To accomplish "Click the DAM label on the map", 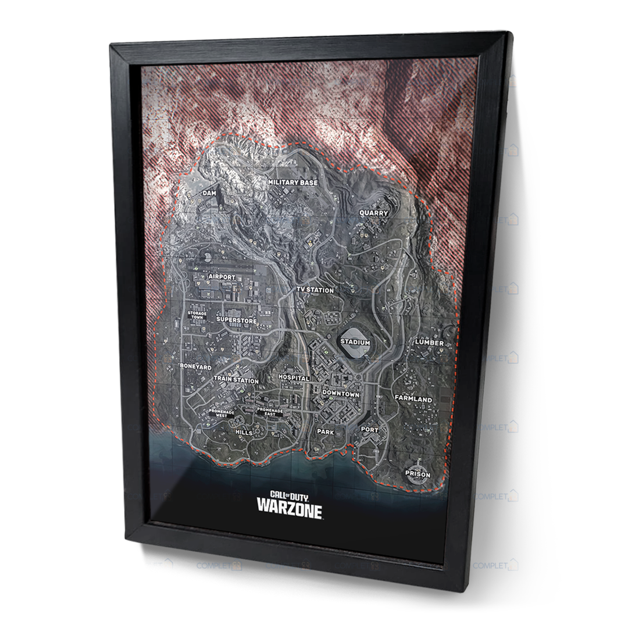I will point(209,192).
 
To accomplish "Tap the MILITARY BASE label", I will point(293,183).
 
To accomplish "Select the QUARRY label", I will point(373,213).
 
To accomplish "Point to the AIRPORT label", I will point(222,277).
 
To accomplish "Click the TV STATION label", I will point(315,290).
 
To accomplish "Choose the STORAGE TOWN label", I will point(195,315).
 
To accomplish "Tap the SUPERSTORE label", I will point(235,319).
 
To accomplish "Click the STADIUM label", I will point(355,342).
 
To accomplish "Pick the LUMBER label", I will point(429,342).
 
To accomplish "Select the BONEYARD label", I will point(196,367).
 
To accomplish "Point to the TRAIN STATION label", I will point(236,380).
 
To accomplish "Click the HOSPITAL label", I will point(294,378).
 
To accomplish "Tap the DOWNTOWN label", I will point(341,394).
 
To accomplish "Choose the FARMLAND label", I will point(413,399).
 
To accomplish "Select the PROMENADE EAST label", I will point(270,412).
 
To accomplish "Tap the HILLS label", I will point(244,433).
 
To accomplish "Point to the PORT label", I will point(369,430).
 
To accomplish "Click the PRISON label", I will point(418,474).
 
